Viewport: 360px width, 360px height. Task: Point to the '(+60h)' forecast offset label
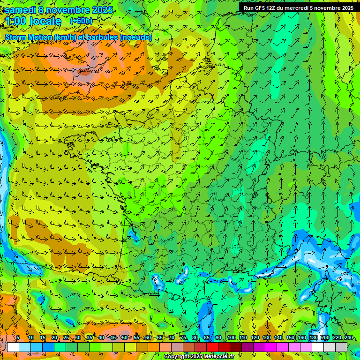(x=81, y=21)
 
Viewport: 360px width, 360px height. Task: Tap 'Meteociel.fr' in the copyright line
(x=217, y=357)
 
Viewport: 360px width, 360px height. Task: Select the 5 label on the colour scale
(x=18, y=338)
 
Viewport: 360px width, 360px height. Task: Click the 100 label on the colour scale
(x=231, y=338)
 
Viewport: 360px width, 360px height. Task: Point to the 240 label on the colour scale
(x=348, y=338)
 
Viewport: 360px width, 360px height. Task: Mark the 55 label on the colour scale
(x=136, y=338)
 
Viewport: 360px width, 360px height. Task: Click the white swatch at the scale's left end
(x=13, y=347)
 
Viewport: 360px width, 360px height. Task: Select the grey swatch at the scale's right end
(x=341, y=347)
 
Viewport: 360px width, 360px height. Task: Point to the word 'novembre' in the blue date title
(x=67, y=10)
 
